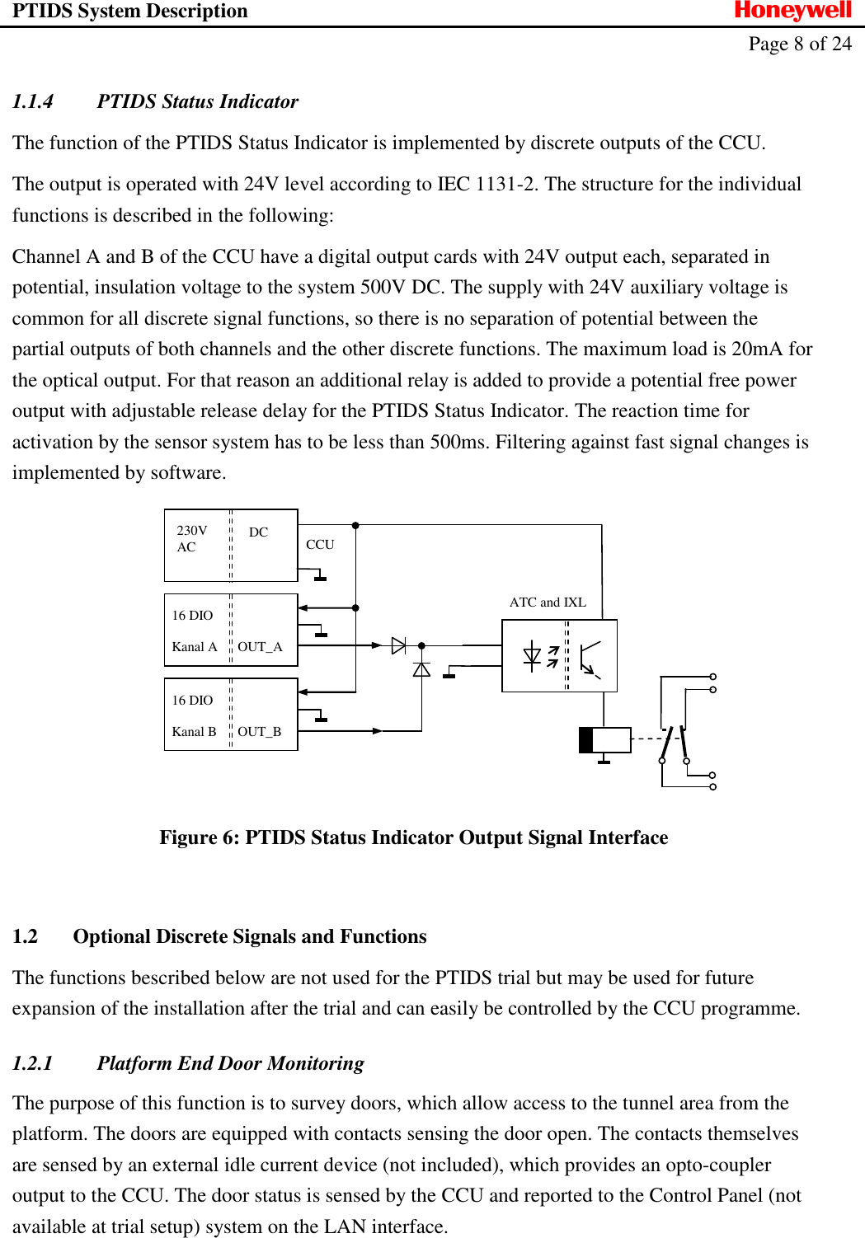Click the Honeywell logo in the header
coord(792,11)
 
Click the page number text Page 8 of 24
coord(799,44)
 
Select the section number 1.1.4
coord(33,101)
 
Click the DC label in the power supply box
coord(258,532)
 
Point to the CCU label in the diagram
coord(320,545)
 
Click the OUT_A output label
coord(260,647)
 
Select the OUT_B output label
coord(259,732)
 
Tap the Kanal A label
coord(195,647)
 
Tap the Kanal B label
coord(194,732)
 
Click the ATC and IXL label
coord(548,603)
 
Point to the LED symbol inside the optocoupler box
coord(533,656)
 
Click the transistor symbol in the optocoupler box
coord(590,657)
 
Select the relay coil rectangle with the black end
coord(605,739)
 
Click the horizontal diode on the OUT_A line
coord(398,645)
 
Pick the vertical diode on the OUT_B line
coord(421,669)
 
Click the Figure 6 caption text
coord(413,837)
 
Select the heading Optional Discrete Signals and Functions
coord(249,936)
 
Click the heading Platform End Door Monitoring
coord(230,1063)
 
